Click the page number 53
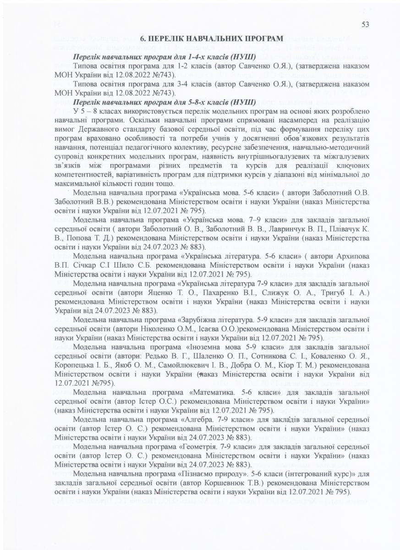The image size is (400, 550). (x=365, y=25)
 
